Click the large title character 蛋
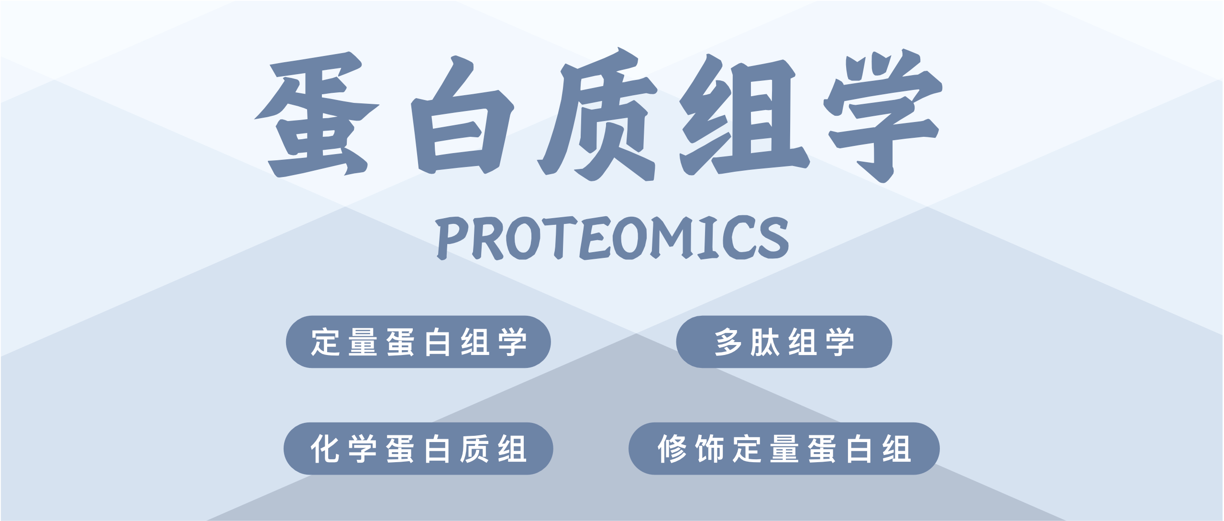(317, 114)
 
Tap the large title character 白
(462, 115)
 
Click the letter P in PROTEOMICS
(452, 238)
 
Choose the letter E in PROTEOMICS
(595, 238)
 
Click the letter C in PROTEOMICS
(738, 238)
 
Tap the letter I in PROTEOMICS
(709, 238)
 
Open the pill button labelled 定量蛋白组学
(418, 342)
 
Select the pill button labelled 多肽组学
(784, 342)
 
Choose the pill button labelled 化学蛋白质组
(418, 449)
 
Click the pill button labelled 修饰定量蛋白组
(784, 449)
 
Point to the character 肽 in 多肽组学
(765, 342)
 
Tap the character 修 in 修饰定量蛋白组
(673, 449)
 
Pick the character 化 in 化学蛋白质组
(325, 449)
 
